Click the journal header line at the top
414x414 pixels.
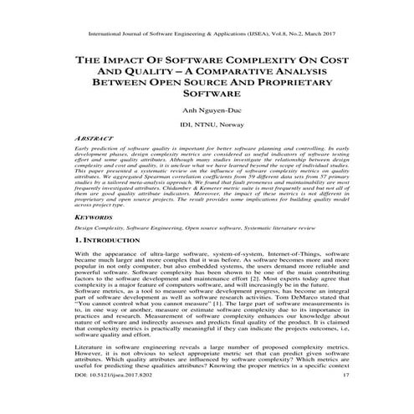click(207, 35)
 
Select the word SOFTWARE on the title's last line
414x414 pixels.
click(207, 97)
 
